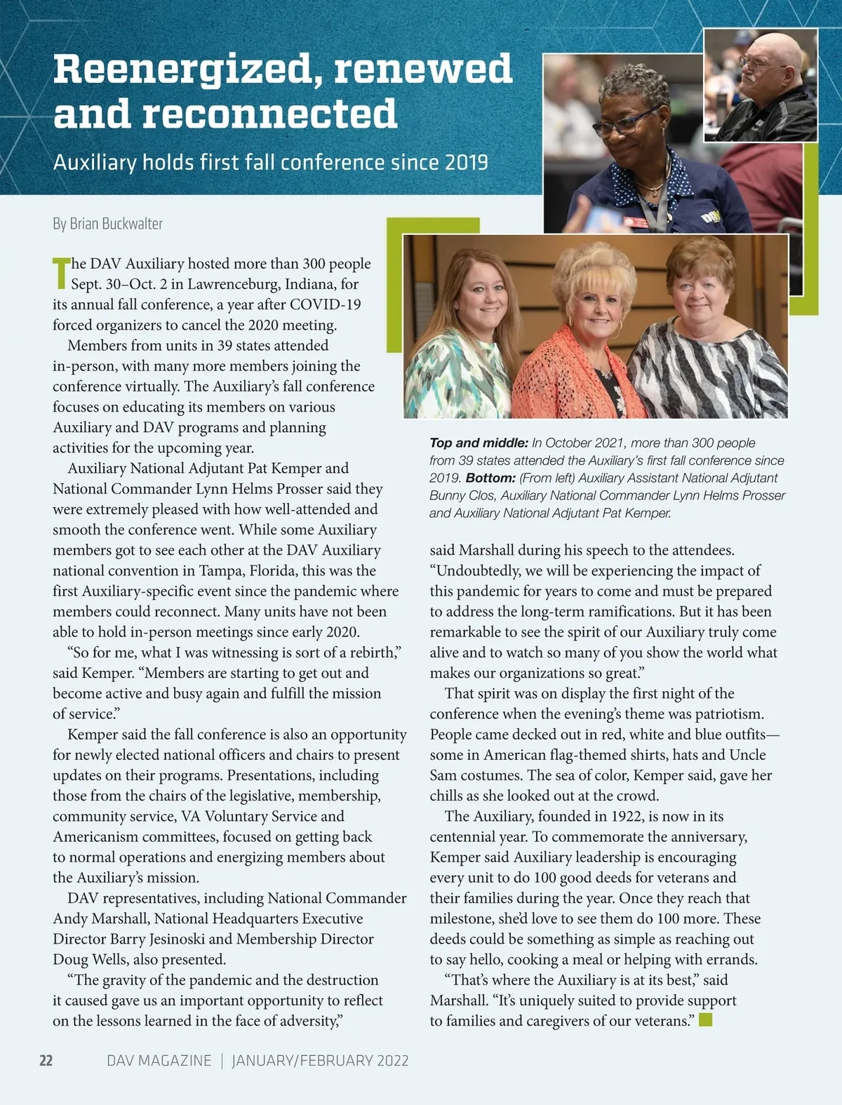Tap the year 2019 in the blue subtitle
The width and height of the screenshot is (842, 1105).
point(466,163)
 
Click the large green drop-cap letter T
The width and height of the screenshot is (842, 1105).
point(61,274)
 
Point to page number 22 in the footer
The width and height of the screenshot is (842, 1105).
point(46,1060)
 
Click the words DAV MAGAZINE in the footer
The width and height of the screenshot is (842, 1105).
point(159,1060)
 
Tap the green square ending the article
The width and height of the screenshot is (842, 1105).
point(705,1019)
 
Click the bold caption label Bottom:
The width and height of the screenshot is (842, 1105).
point(490,478)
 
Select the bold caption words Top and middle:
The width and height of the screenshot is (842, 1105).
point(479,443)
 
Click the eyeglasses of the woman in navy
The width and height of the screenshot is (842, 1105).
point(621,126)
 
